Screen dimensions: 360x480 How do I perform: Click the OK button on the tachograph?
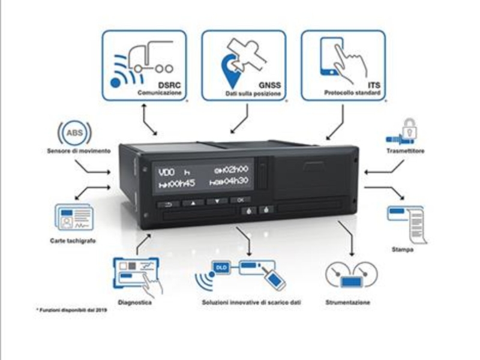(240, 199)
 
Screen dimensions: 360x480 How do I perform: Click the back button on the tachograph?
(168, 204)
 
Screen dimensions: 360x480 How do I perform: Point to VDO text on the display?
(166, 172)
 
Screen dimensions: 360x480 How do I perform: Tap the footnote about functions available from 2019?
(67, 313)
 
